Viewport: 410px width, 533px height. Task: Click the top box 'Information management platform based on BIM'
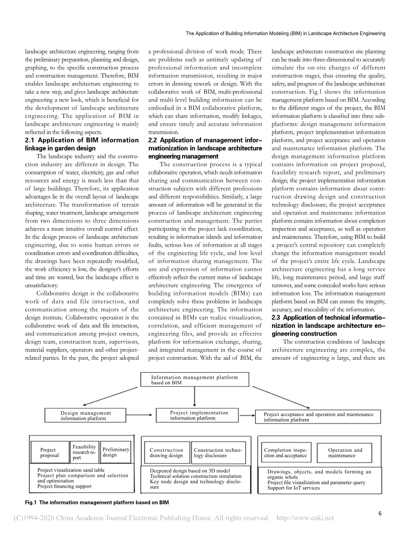pos(195,380)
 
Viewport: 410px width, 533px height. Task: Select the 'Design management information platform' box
pos(86,416)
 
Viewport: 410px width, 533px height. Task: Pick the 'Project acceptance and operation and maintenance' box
pos(318,417)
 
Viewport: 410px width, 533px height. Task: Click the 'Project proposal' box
pos(50,453)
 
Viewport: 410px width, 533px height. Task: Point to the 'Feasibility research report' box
pos(84,452)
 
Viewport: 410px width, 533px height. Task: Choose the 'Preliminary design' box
pos(115,452)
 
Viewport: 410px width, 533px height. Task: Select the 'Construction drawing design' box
pos(166,453)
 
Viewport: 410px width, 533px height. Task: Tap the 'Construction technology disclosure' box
pos(218,453)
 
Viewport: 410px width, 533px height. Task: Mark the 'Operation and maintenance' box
pos(345,453)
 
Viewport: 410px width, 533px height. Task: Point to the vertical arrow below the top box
pos(195,397)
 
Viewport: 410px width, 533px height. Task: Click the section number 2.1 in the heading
pos(31,140)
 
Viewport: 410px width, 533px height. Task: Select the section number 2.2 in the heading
pos(154,140)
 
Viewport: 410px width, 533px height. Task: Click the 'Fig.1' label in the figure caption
pos(32,502)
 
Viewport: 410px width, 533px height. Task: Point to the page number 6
pos(380,513)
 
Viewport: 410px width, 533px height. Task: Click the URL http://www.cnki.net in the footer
pos(305,518)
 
